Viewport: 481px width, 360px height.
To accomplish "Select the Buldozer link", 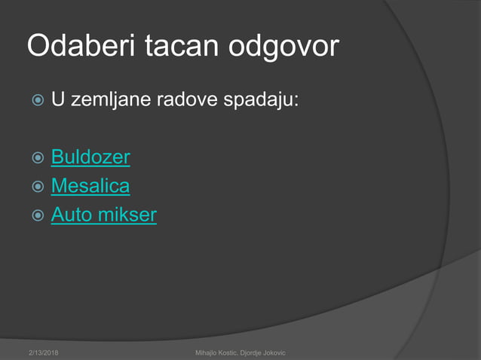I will [x=90, y=157].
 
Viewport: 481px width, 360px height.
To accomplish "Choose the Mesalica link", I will [x=90, y=186].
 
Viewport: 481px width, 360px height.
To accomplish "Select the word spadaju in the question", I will [x=262, y=99].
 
